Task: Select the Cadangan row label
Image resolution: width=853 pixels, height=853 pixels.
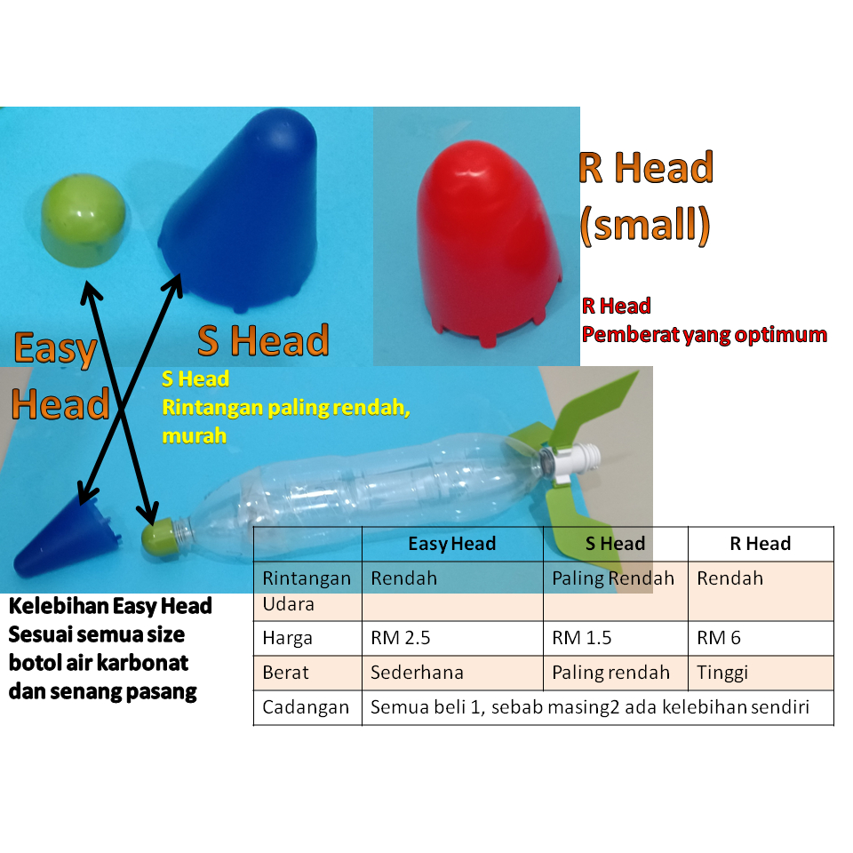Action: [x=306, y=708]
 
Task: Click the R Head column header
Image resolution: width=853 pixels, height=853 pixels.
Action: [x=760, y=544]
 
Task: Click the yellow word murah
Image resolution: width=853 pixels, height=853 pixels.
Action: [x=194, y=435]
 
